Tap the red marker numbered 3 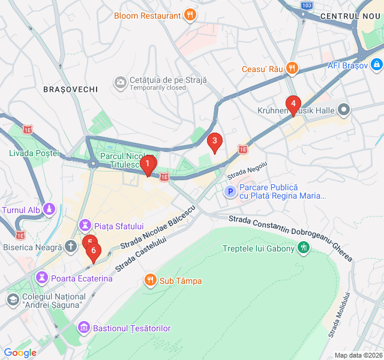214,142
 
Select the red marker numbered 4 293,104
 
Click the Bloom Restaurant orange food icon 190,15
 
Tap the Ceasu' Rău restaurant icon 292,68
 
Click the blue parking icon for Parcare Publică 230,191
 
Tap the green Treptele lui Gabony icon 304,247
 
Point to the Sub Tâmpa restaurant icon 150,280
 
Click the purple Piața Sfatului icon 85,226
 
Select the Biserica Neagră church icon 71,246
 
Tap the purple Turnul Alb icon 49,209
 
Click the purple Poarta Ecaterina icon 42,278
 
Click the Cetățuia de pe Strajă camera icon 121,82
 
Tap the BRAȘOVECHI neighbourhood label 70,89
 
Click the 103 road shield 306,5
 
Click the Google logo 20,352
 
